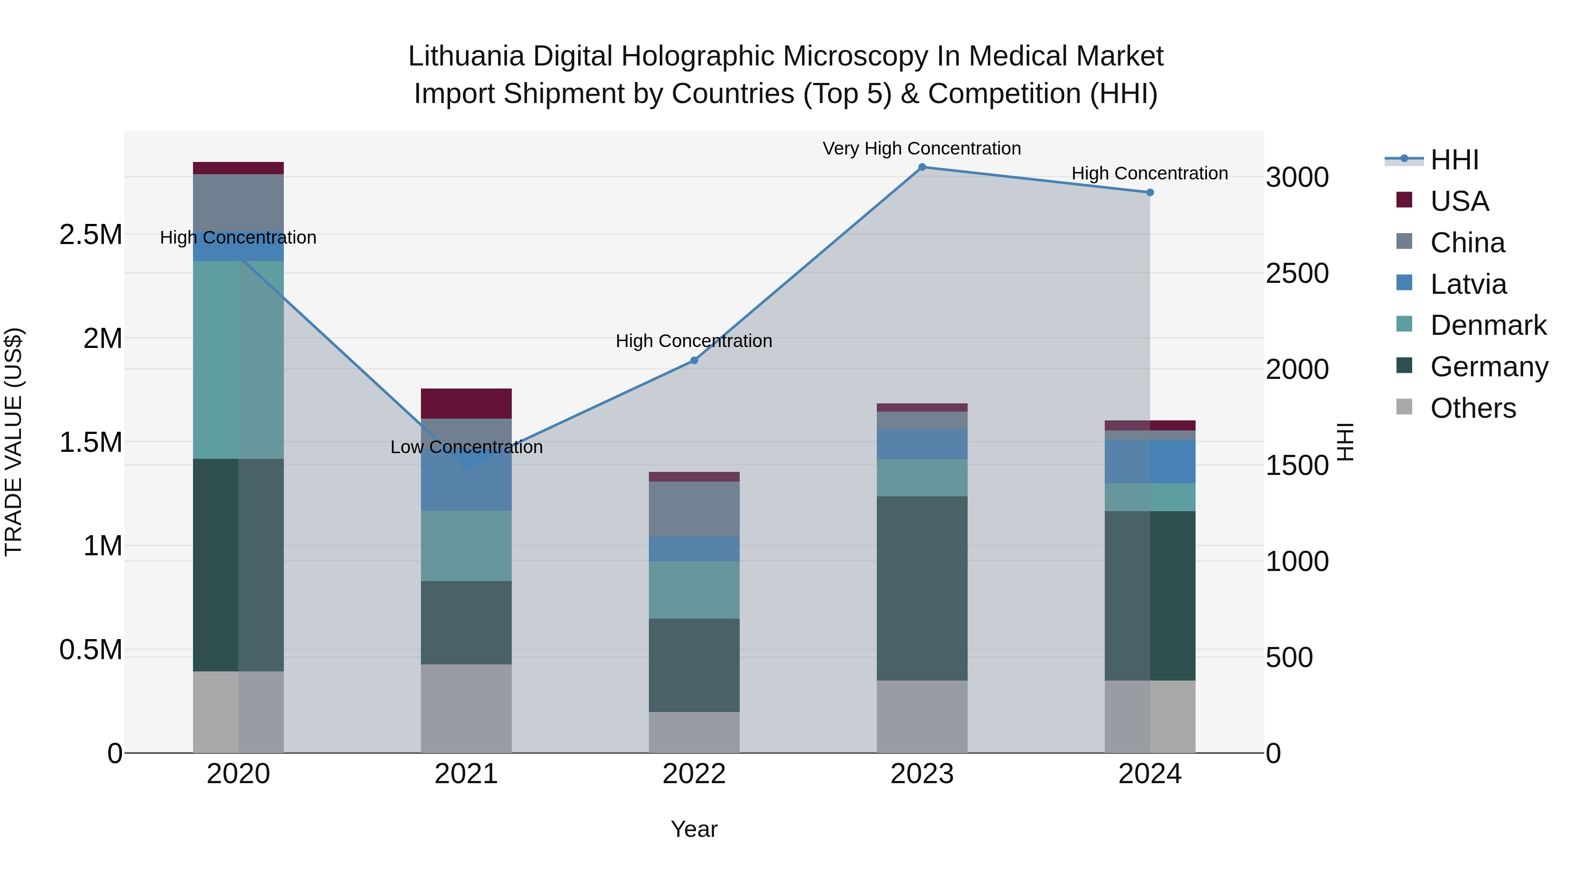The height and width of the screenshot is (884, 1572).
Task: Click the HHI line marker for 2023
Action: [922, 167]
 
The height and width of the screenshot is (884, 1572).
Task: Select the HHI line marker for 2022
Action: [694, 361]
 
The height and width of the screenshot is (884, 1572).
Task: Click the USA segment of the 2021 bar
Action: [466, 403]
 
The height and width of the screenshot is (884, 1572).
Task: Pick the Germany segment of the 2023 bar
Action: [922, 588]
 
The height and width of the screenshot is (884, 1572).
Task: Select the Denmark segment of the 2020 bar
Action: [238, 360]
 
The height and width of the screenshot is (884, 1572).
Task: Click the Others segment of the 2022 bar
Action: [694, 732]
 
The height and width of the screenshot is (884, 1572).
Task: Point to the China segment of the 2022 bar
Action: [694, 509]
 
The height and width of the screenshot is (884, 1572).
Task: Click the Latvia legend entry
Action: [1468, 284]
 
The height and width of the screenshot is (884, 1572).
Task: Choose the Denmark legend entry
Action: [1488, 326]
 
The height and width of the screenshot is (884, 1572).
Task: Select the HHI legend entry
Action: [1454, 160]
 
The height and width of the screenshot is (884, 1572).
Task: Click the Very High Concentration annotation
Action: [921, 148]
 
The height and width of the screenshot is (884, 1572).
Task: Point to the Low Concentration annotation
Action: [466, 447]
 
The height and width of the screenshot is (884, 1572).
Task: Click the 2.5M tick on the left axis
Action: [90, 235]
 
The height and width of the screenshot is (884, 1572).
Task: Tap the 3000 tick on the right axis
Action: [1297, 178]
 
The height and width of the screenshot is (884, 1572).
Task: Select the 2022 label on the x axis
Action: [694, 774]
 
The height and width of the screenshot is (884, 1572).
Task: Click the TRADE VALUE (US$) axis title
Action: [14, 442]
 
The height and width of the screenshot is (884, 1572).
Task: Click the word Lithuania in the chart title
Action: [465, 56]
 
